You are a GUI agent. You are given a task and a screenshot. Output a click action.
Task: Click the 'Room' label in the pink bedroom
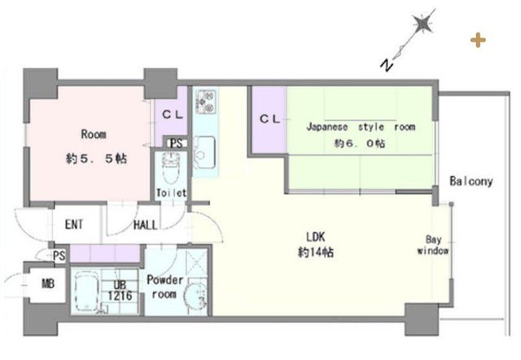pos(94,134)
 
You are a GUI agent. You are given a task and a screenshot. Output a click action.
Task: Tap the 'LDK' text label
pos(315,237)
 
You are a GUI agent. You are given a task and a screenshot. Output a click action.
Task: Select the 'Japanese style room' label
pos(361,127)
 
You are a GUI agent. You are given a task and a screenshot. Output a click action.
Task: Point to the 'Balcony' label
pos(471,181)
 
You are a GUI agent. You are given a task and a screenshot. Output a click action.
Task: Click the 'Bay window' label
pos(433,245)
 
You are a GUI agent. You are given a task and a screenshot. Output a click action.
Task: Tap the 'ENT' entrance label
pos(74,225)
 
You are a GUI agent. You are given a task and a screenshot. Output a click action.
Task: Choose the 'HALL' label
pos(145,226)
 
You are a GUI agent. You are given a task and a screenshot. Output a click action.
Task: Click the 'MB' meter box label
pos(48,284)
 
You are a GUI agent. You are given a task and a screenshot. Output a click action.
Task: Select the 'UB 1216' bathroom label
pos(120,291)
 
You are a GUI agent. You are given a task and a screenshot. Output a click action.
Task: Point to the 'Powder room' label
pos(164,287)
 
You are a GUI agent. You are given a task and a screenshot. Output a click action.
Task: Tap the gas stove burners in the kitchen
pos(206,101)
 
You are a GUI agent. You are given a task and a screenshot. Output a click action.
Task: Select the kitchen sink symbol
pos(204,152)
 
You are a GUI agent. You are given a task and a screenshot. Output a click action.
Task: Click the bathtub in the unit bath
pos(85,292)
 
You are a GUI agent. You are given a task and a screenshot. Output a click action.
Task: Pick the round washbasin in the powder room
pos(195,296)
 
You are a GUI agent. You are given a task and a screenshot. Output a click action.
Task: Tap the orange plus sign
pos(478,40)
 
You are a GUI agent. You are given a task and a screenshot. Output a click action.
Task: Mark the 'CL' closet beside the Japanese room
pos(269,119)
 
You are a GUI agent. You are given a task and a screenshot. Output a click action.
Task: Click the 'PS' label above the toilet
pos(176,143)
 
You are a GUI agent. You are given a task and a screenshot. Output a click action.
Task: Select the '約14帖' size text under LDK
pos(316,252)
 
